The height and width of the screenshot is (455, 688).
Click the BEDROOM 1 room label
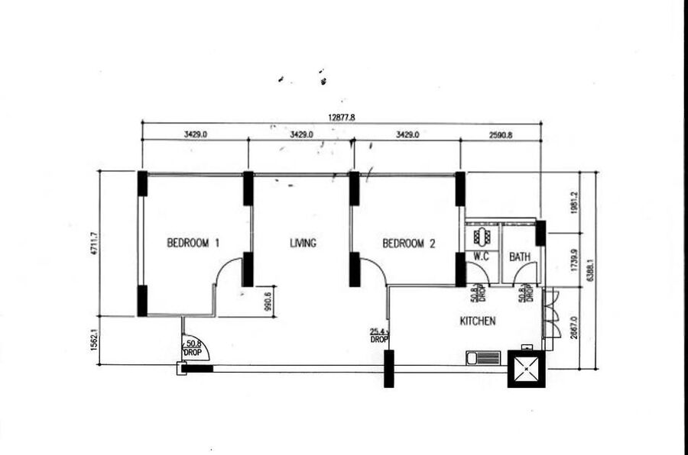click(193, 243)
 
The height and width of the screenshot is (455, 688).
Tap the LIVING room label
click(303, 243)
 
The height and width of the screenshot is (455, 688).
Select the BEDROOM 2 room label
click(408, 244)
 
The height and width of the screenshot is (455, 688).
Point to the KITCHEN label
click(478, 321)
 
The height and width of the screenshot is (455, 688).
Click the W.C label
click(482, 257)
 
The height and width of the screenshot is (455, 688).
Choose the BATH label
click(520, 257)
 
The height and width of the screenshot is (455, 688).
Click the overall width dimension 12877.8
click(342, 118)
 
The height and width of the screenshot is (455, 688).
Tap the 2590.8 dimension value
click(501, 135)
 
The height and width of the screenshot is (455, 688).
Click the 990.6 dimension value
click(268, 301)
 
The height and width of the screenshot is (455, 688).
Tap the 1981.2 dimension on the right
click(574, 203)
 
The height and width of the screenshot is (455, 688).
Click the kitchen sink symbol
click(483, 358)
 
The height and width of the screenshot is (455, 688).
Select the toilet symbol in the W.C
click(482, 237)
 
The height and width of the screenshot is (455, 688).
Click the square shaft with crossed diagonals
click(527, 369)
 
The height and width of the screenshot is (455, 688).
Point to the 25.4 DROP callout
click(379, 336)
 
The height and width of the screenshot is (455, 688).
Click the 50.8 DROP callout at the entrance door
click(193, 348)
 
